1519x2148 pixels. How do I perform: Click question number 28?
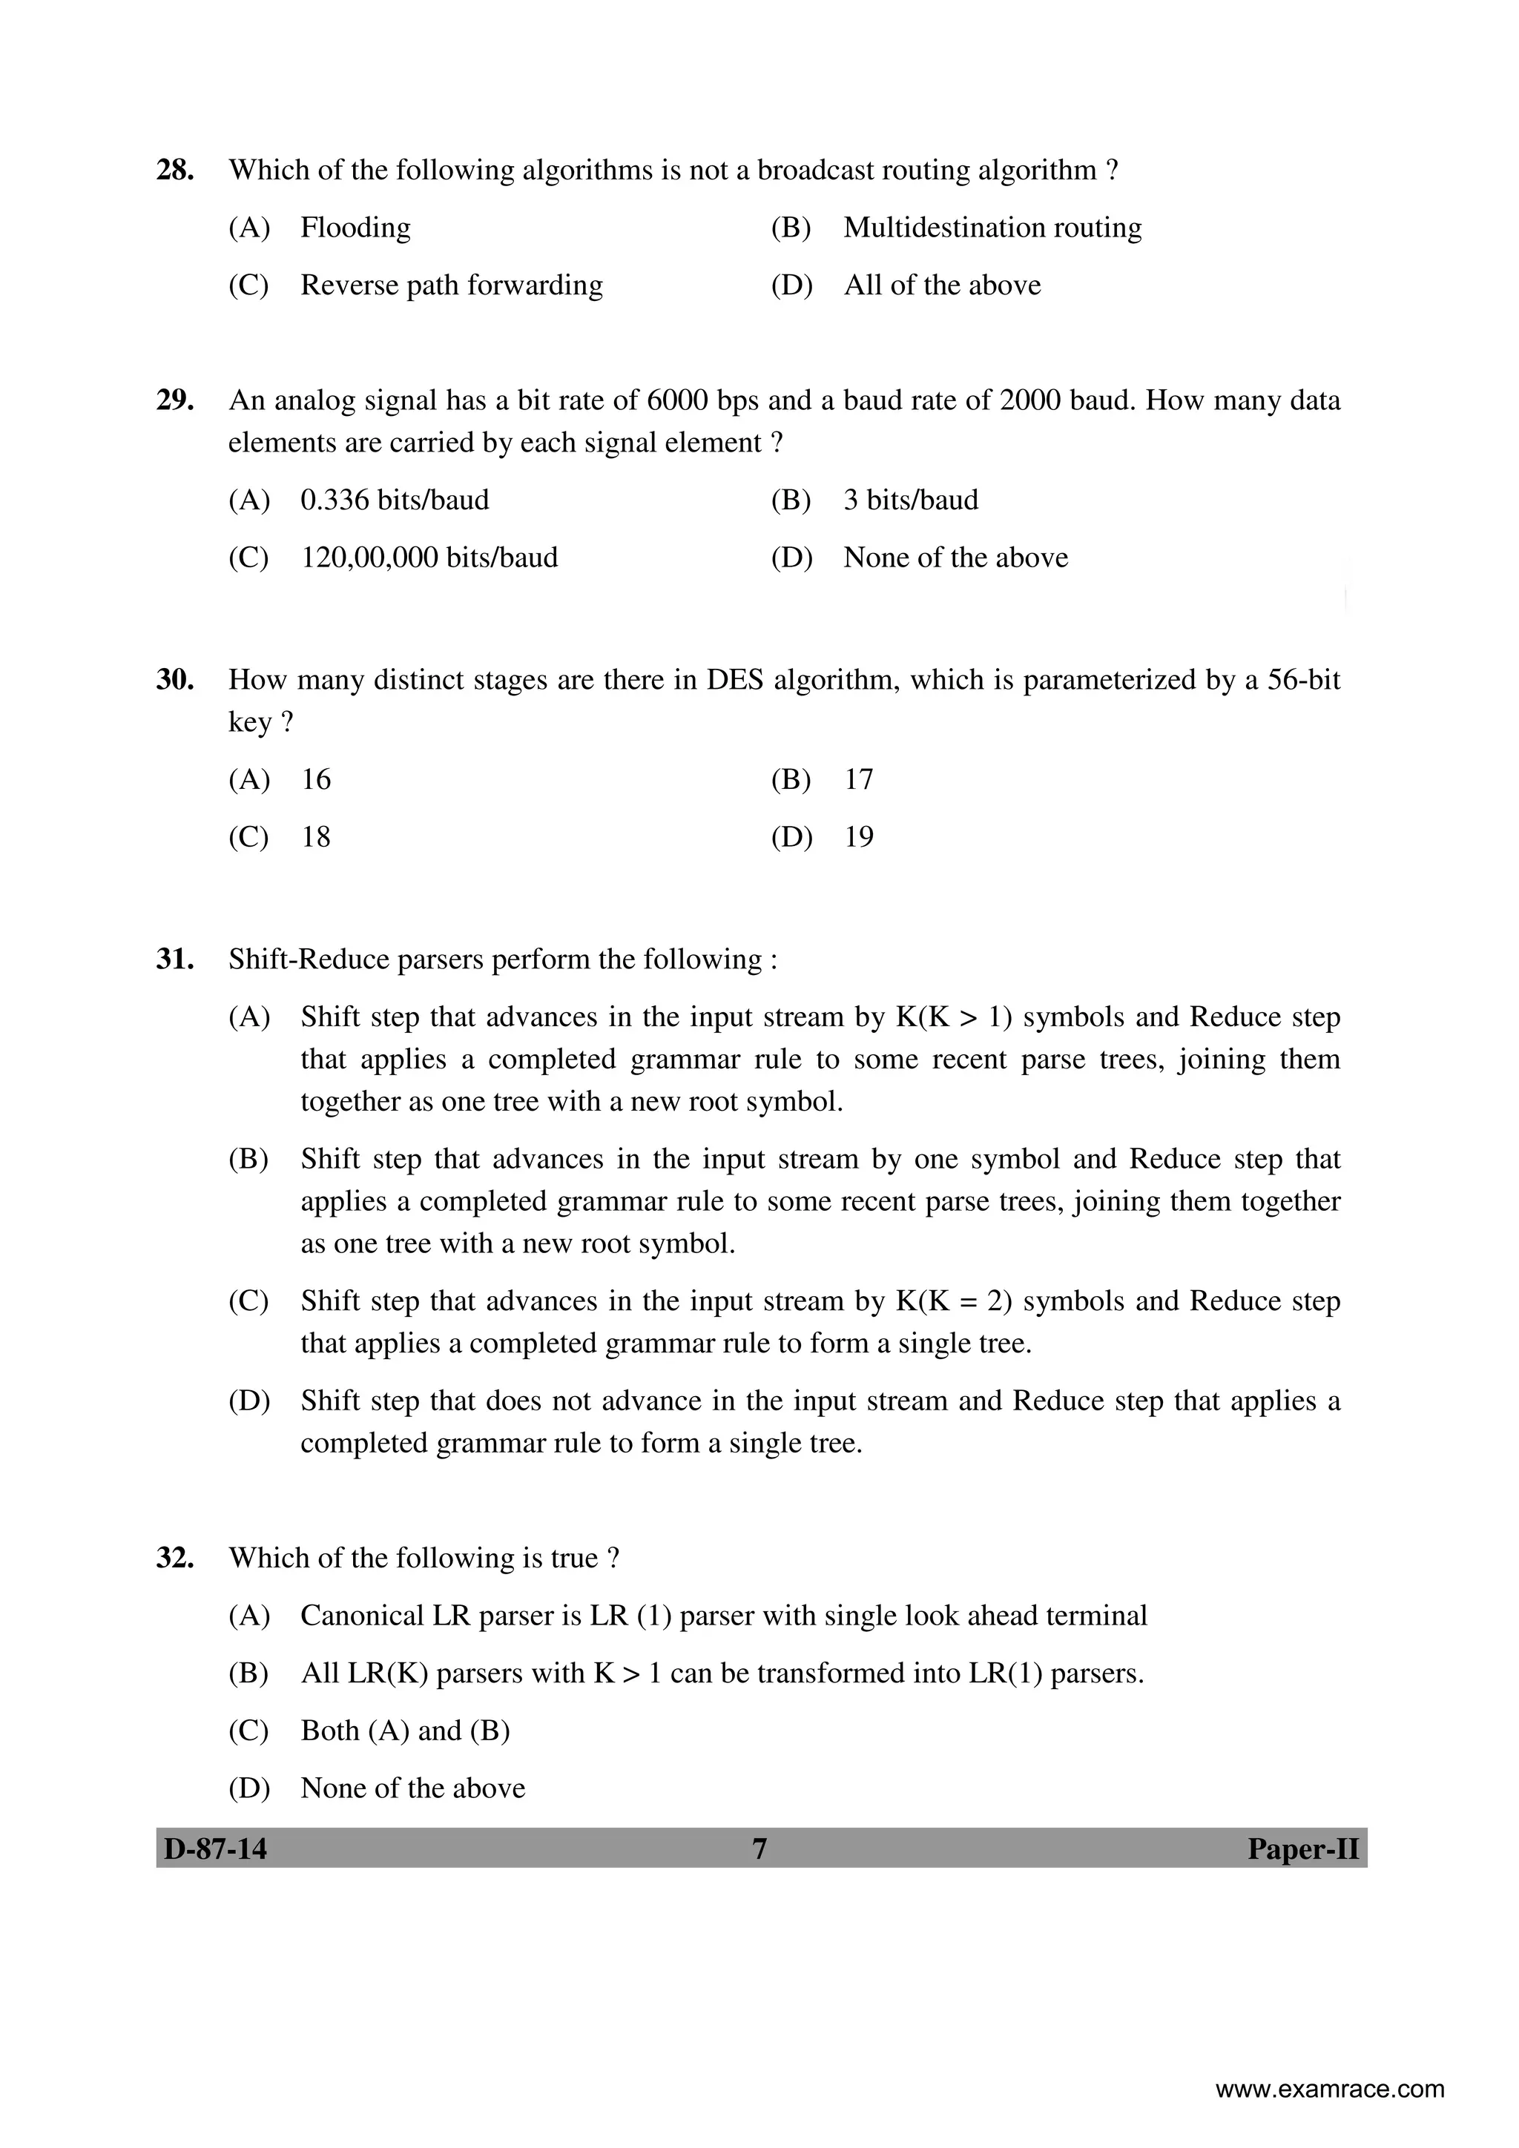175,171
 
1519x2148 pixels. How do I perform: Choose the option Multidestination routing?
992,228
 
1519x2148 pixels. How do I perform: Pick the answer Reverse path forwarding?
451,285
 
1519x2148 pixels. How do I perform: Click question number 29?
175,400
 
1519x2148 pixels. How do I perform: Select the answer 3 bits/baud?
911,500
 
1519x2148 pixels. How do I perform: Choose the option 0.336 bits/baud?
394,500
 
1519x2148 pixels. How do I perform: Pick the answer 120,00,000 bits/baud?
429,558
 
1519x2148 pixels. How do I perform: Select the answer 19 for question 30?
858,836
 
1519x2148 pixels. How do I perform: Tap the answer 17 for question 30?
858,779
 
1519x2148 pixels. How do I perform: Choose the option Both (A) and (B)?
404,1731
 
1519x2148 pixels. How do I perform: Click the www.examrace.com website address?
1329,2089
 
